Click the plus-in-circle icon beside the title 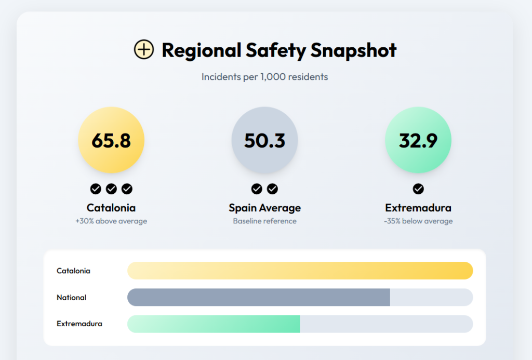pyautogui.click(x=144, y=50)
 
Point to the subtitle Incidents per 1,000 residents pyautogui.click(x=265, y=77)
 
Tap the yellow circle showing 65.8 pyautogui.click(x=111, y=140)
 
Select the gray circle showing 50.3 pyautogui.click(x=265, y=140)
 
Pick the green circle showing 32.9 pyautogui.click(x=418, y=140)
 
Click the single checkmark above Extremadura pyautogui.click(x=418, y=189)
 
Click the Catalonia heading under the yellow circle pyautogui.click(x=111, y=208)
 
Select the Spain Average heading pyautogui.click(x=265, y=208)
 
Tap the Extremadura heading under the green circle pyautogui.click(x=418, y=208)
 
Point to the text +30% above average pyautogui.click(x=111, y=221)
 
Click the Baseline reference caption pyautogui.click(x=265, y=221)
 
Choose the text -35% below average pyautogui.click(x=418, y=221)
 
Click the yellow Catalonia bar pyautogui.click(x=300, y=271)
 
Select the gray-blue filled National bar pyautogui.click(x=258, y=297)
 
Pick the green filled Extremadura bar pyautogui.click(x=214, y=324)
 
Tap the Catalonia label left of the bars pyautogui.click(x=73, y=271)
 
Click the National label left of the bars pyautogui.click(x=72, y=298)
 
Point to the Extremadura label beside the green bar pyautogui.click(x=79, y=324)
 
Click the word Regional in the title pyautogui.click(x=202, y=50)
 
